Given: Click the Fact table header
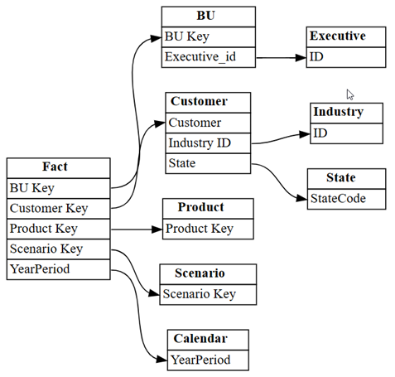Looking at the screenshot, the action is click(59, 168).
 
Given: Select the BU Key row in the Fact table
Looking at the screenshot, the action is click(59, 188).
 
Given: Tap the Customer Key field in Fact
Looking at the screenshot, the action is click(59, 209).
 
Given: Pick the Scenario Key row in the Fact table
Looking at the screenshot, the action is click(59, 249).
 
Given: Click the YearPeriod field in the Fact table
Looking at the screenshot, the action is click(59, 269).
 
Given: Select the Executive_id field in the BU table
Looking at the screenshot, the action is click(209, 57).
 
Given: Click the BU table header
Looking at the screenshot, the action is click(209, 17).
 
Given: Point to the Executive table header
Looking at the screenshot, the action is click(346, 36).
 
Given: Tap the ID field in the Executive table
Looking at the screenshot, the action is click(346, 57).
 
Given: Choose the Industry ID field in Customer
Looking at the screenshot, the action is click(208, 143).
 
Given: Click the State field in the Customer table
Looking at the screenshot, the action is click(208, 163).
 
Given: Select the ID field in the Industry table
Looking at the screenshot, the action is click(346, 133).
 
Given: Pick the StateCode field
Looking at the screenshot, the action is click(346, 199).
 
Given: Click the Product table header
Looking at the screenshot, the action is click(208, 209).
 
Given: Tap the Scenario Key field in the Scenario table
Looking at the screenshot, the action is click(208, 295).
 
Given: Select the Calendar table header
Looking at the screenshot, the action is click(208, 340).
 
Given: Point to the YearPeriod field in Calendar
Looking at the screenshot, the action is click(208, 360).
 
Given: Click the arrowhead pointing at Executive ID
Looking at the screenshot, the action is click(301, 58).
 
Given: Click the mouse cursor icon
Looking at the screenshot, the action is click(350, 94).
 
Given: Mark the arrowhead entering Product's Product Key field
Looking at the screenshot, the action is click(157, 230).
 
